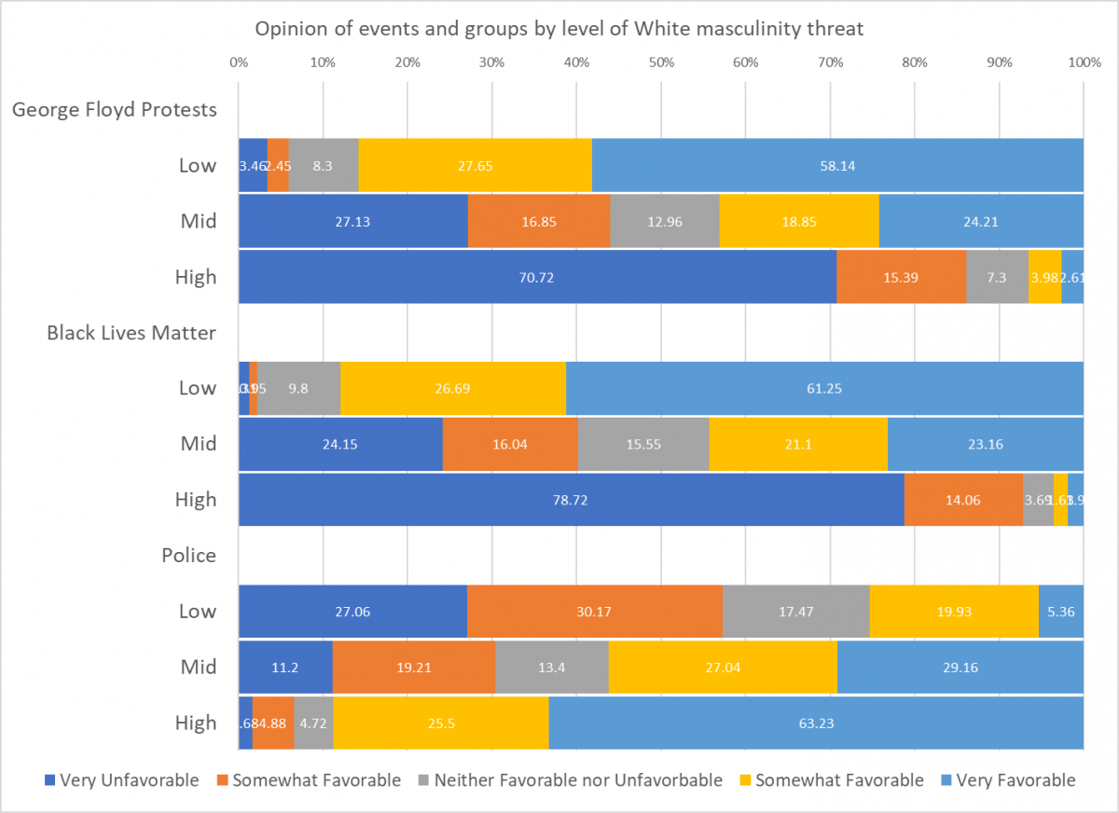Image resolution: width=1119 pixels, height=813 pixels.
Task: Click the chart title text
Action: [x=559, y=29]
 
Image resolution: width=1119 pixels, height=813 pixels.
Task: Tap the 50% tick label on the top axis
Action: [x=661, y=63]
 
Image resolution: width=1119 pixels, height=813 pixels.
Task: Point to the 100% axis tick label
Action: [x=1083, y=63]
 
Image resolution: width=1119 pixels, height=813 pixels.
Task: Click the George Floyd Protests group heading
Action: [x=114, y=110]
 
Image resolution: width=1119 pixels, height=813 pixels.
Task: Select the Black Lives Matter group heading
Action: [x=131, y=333]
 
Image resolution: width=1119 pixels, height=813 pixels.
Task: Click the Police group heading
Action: [x=188, y=556]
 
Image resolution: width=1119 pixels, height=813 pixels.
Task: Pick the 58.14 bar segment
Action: [x=837, y=166]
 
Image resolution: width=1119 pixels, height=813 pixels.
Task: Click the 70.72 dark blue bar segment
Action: [x=537, y=277]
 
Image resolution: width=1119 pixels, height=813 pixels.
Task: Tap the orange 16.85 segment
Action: [x=539, y=222]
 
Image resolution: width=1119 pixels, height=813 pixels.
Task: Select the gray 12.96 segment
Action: [x=664, y=222]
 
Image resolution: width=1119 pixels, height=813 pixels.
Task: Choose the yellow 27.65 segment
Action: [x=475, y=166]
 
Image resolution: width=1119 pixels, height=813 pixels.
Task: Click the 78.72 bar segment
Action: [x=571, y=500]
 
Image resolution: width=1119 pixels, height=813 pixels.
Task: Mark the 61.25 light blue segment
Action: [x=824, y=389]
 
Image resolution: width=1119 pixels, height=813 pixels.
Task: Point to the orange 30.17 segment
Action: [x=595, y=612]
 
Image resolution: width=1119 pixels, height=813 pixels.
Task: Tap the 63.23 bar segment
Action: [x=816, y=723]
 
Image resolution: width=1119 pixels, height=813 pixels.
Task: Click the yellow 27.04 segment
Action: [x=723, y=668]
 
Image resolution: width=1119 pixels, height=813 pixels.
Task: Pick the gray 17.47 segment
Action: [x=795, y=612]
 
